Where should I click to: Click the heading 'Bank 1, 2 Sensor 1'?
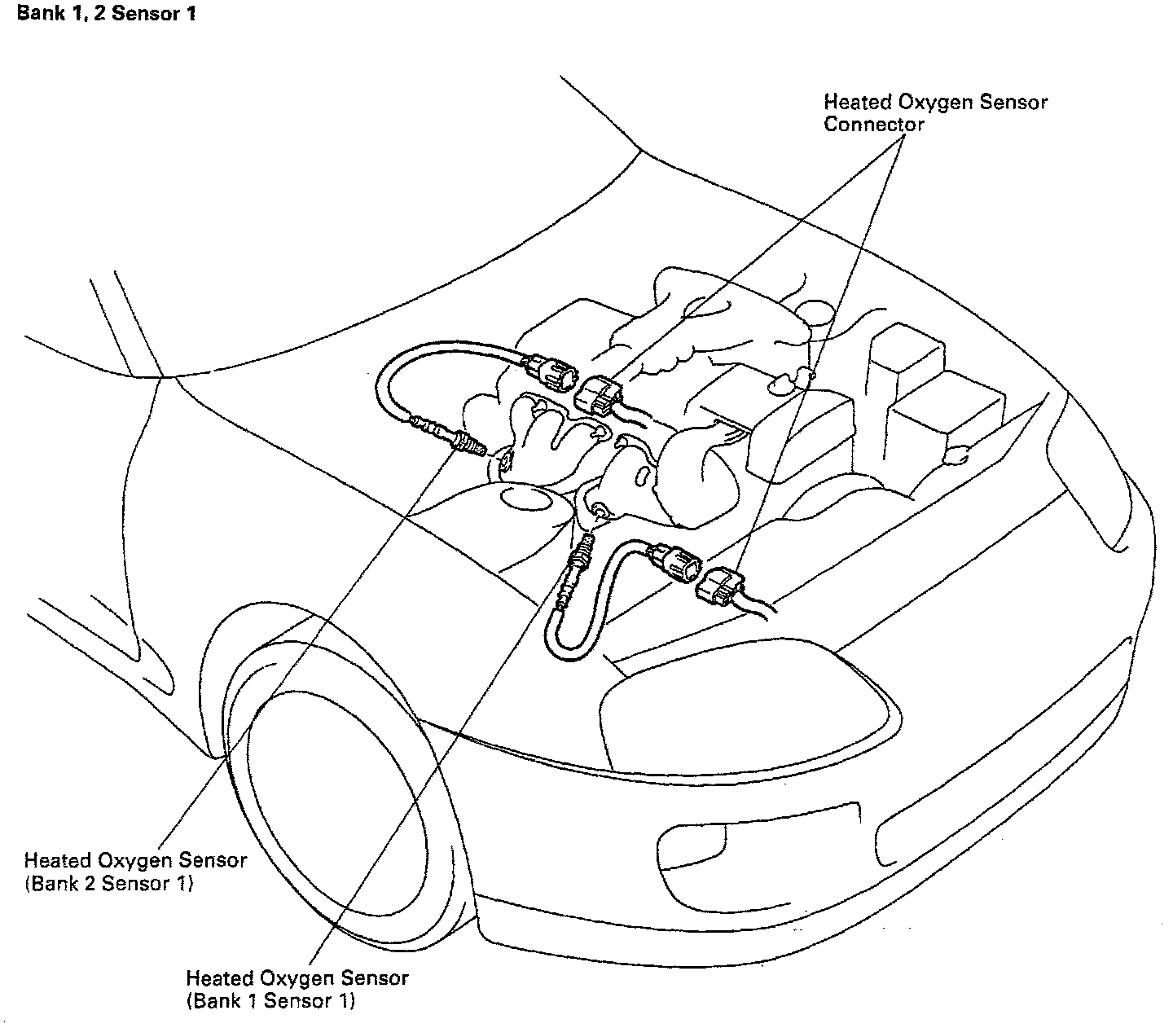tap(106, 14)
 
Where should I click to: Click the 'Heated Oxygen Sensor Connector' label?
tap(934, 113)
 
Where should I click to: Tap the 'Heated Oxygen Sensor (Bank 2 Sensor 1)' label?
tap(134, 871)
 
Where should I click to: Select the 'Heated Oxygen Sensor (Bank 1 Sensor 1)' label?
tap(297, 988)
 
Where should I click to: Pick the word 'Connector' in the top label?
tap(873, 125)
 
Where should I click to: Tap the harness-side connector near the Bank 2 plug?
tap(601, 396)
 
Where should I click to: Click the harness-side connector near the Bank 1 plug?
tap(720, 587)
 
